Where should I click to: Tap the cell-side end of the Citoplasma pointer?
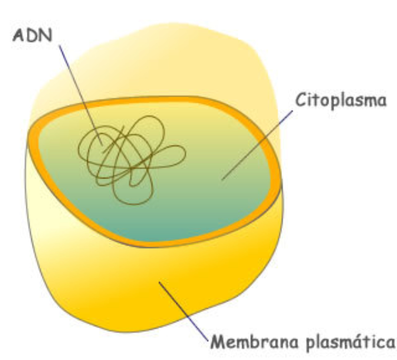click(x=222, y=179)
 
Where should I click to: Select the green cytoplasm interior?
click(x=198, y=199)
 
